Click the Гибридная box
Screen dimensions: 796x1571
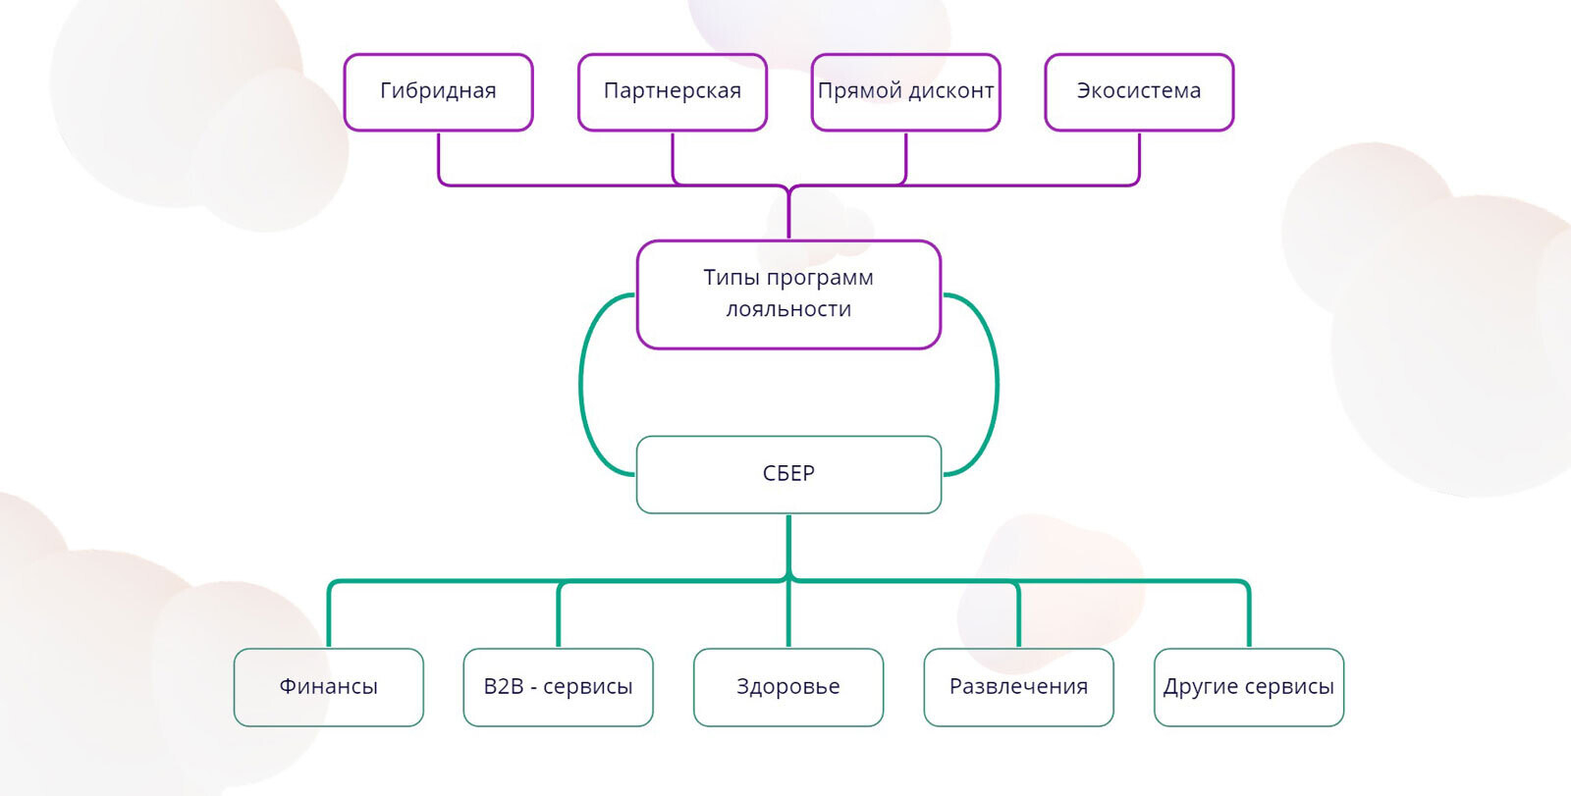pyautogui.click(x=438, y=91)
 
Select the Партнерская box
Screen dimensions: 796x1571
pyautogui.click(x=672, y=91)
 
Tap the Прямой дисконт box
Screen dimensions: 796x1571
pyautogui.click(x=905, y=91)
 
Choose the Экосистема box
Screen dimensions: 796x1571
pyautogui.click(x=1139, y=91)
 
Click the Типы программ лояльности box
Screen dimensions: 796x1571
pyautogui.click(x=788, y=293)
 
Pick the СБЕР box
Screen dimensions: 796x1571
pyautogui.click(x=788, y=474)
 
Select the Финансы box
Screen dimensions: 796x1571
pyautogui.click(x=328, y=687)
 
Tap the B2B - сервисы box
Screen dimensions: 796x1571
pyautogui.click(x=558, y=687)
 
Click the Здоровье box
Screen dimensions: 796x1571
pyautogui.click(x=788, y=687)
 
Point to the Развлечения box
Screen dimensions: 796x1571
pyautogui.click(x=1018, y=687)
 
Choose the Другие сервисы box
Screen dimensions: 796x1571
pyautogui.click(x=1248, y=687)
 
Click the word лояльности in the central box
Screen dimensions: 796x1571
pyautogui.click(x=788, y=310)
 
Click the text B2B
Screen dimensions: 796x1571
pyautogui.click(x=503, y=687)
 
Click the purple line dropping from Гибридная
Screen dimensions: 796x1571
pyautogui.click(x=439, y=157)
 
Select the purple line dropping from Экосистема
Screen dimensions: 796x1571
pyautogui.click(x=1139, y=157)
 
